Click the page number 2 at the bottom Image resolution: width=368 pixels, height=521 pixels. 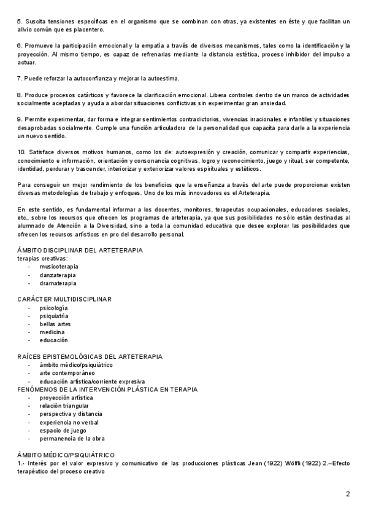point(348,494)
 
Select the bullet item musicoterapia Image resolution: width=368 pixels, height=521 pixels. point(59,267)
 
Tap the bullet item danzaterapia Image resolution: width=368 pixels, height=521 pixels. point(58,275)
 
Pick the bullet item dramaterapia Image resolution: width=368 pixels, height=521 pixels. point(58,283)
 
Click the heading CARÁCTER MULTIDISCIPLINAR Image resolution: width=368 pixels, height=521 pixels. point(64,299)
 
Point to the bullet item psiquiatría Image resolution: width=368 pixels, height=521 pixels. point(54,315)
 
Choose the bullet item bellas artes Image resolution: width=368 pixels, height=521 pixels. point(55,324)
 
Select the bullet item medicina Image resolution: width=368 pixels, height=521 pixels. point(52,332)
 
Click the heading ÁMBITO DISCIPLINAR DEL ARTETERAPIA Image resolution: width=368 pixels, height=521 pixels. point(80,250)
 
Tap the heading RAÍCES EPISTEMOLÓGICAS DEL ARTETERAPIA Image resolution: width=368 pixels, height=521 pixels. point(90,356)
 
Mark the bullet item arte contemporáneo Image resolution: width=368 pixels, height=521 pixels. point(67,372)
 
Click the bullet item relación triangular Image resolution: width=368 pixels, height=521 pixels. point(64,405)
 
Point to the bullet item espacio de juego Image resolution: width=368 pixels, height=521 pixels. point(64,430)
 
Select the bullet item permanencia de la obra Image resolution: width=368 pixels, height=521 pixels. point(72,438)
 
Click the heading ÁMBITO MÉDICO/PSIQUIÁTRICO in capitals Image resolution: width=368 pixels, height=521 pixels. point(66,454)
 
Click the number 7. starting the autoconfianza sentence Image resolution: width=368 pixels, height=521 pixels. point(20,79)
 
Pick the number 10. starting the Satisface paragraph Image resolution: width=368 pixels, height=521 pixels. point(21,151)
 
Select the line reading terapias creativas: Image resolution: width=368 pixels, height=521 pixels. point(42,258)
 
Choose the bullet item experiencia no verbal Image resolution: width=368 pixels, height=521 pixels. point(69,422)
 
